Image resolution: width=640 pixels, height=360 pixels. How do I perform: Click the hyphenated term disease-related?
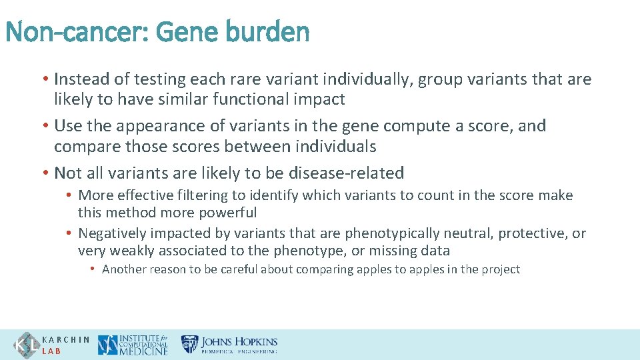(x=347, y=173)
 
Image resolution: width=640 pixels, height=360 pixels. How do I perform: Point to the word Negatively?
(x=112, y=233)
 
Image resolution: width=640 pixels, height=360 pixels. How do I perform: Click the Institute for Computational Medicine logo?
(x=133, y=345)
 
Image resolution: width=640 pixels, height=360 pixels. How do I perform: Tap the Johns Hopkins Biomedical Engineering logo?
(x=230, y=345)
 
